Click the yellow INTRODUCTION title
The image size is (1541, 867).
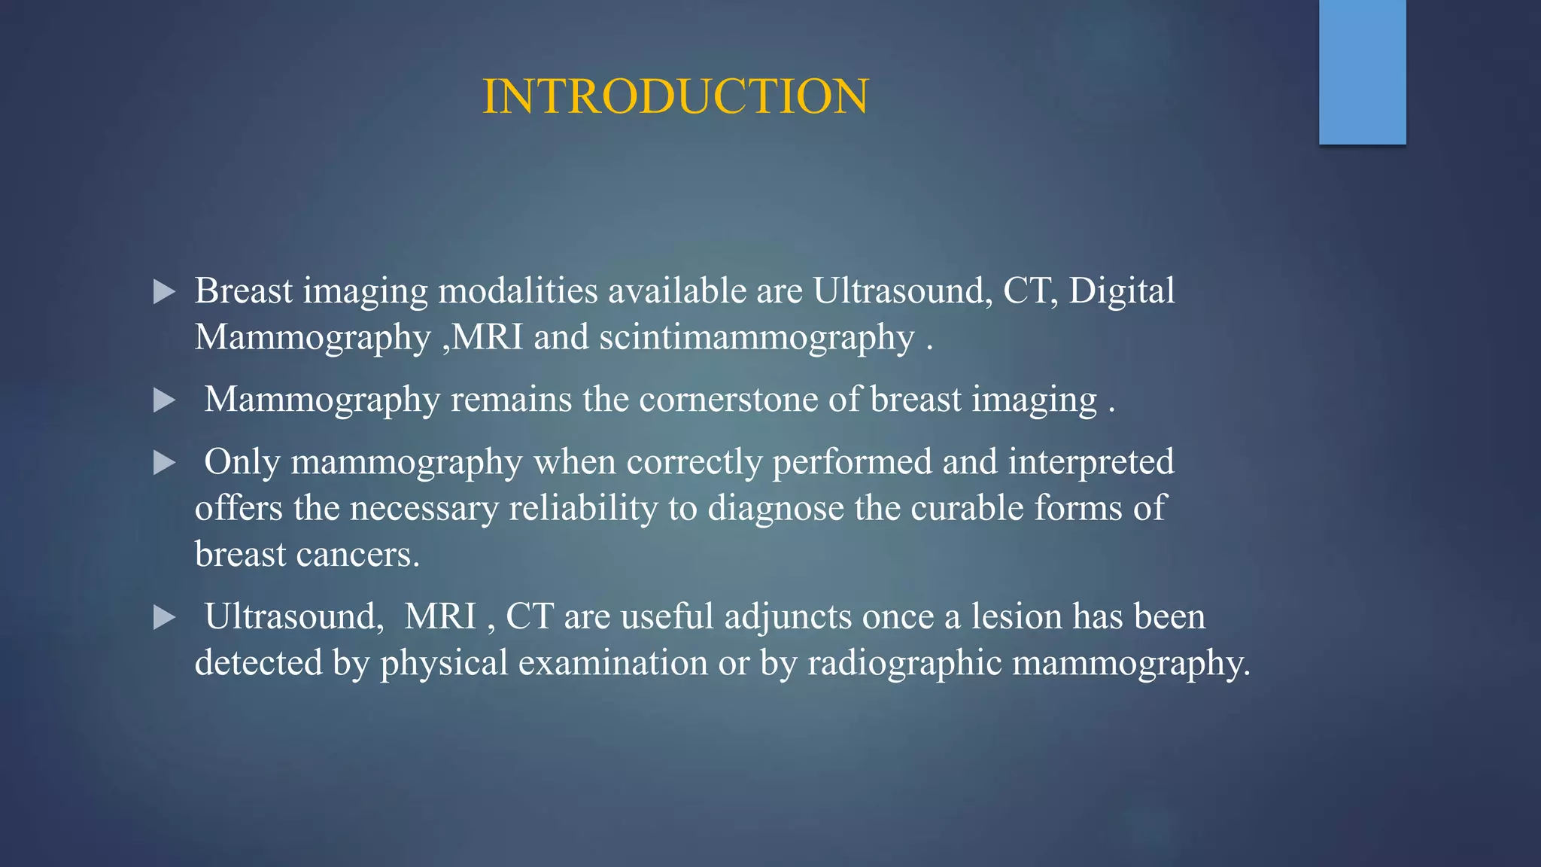tap(675, 96)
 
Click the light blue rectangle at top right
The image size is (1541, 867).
tap(1362, 71)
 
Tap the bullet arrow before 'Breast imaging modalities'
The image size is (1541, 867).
tap(164, 292)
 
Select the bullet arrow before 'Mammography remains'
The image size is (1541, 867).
tap(164, 400)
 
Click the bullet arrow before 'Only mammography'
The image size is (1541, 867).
tap(164, 463)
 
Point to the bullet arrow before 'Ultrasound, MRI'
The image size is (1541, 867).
tap(164, 618)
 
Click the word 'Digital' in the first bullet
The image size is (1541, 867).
tap(1121, 291)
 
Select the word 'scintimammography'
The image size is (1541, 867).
tap(756, 337)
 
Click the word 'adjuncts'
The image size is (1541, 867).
tap(788, 617)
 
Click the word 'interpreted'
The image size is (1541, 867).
tap(1090, 462)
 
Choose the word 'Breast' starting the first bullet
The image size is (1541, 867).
tap(243, 291)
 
